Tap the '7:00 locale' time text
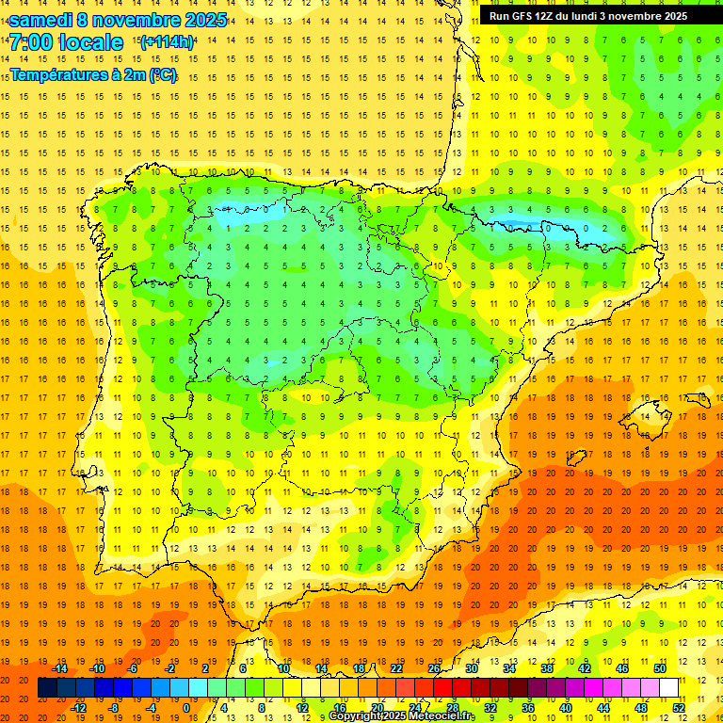click(66, 42)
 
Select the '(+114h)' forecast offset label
click(167, 42)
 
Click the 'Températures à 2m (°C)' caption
click(93, 74)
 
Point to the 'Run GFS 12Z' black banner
click(587, 16)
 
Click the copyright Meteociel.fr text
click(402, 716)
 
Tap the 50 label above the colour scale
click(660, 668)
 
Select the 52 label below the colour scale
click(679, 707)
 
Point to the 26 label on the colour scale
click(434, 668)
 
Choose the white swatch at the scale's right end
click(669, 688)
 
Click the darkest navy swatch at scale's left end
click(47, 688)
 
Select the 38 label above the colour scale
click(547, 668)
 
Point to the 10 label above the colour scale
click(283, 668)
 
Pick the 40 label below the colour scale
click(566, 707)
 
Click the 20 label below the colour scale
click(378, 707)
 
